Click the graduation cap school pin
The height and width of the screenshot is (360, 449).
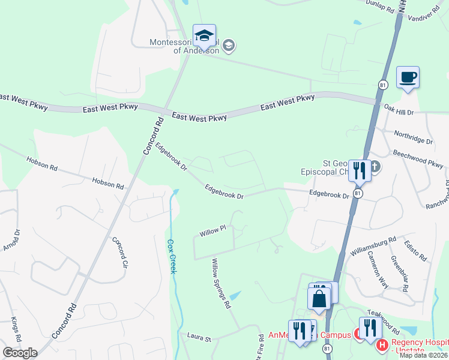point(204,35)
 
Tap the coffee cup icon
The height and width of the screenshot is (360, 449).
point(408,77)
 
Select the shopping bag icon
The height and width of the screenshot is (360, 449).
point(319,298)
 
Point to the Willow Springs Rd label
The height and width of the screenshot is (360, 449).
point(220,283)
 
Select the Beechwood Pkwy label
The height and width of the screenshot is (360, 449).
point(418,158)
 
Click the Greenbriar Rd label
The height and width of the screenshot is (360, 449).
point(400,273)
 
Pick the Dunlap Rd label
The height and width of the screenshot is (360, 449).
point(382,6)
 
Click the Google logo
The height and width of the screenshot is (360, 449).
point(19,353)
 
